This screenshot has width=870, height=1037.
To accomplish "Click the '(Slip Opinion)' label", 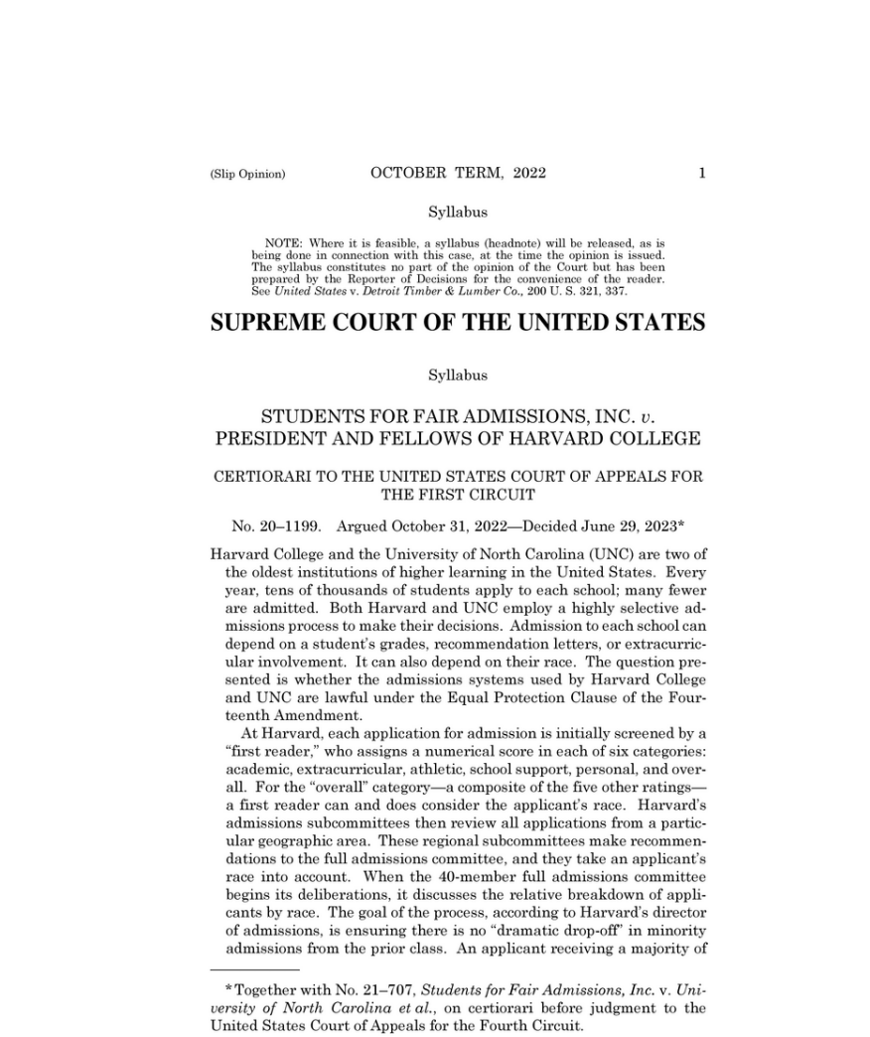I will coord(247,174).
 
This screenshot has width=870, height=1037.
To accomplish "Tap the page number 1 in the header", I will coord(702,173).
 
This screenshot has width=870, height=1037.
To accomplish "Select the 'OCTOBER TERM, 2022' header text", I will coord(458,173).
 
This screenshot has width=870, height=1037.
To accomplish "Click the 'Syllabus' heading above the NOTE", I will coord(458,212).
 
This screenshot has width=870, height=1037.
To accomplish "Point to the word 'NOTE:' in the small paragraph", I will coord(284,242).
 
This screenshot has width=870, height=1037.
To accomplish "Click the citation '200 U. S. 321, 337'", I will coord(582,291).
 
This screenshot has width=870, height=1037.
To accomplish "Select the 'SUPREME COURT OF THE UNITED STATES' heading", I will coord(458,324).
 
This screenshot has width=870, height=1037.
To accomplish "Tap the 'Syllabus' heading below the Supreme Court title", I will coord(458,375).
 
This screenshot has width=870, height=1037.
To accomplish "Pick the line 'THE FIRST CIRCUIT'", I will coord(458,494).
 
